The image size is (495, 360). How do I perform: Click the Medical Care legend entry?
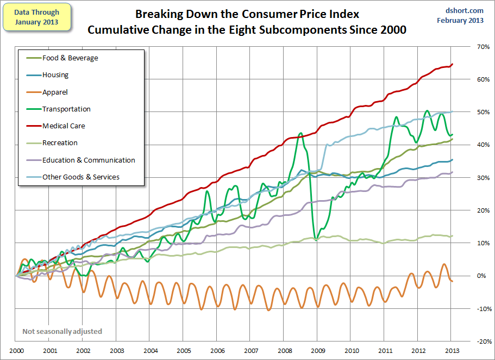tap(64, 126)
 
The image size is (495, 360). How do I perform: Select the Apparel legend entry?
tap(55, 92)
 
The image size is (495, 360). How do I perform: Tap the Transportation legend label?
tap(66, 109)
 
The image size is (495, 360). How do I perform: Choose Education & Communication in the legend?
tap(89, 160)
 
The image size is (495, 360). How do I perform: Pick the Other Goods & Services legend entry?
tap(81, 177)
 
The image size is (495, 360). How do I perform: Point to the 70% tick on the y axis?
tap(480, 47)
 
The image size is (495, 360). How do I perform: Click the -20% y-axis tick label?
tap(479, 341)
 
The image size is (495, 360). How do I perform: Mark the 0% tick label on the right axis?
tap(481, 276)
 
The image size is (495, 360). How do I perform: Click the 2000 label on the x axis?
tap(16, 350)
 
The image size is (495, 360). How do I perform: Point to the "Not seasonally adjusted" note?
tap(62, 331)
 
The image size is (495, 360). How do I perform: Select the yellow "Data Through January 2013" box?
tap(37, 16)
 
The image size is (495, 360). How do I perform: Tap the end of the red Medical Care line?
tap(453, 64)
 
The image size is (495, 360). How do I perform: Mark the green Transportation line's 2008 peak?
tap(300, 133)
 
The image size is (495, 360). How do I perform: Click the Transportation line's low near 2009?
tap(316, 239)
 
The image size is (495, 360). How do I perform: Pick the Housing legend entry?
tap(55, 76)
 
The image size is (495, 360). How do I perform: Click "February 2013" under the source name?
tap(460, 21)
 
